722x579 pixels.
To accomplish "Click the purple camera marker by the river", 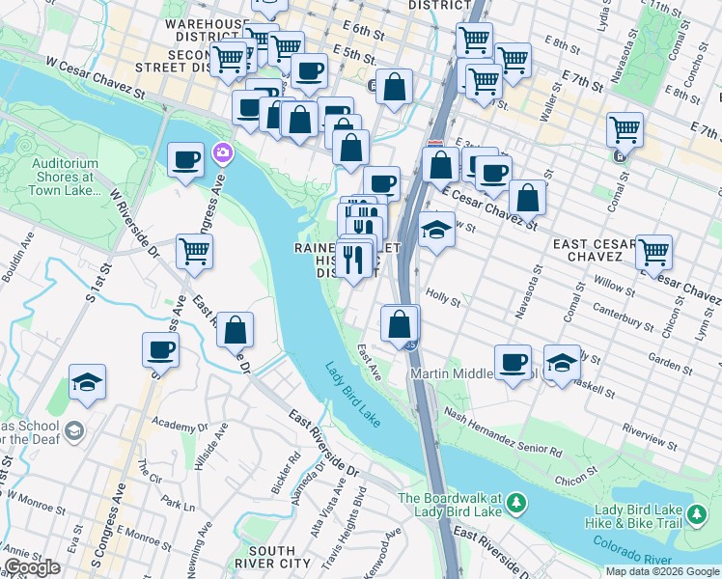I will tap(224, 152).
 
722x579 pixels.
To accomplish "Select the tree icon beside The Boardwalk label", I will tap(517, 502).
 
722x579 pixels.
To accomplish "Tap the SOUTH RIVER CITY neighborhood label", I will tap(273, 556).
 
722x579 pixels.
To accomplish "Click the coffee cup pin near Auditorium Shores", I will tap(185, 160).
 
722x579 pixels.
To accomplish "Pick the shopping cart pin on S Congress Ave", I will tap(195, 252).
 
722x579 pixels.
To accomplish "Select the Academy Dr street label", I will tap(180, 424).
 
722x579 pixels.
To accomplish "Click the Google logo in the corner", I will tap(33, 567).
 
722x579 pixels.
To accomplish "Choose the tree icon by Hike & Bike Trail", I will tap(697, 516).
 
